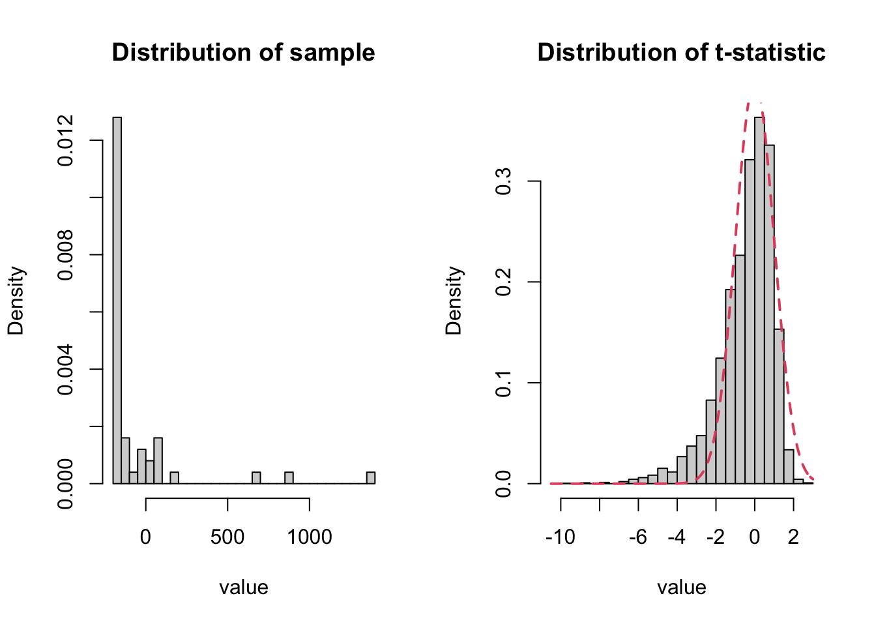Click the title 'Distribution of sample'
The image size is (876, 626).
point(243,52)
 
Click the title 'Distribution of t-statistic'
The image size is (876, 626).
point(682,52)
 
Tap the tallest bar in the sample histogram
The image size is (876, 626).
point(117,300)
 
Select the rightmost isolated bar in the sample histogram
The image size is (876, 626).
point(371,478)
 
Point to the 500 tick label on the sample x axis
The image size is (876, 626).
point(227,537)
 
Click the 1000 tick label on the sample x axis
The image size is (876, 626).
point(310,537)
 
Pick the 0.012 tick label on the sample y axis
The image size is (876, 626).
point(65,140)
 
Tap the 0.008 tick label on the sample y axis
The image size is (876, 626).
point(65,255)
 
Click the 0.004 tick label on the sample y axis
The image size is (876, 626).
point(65,369)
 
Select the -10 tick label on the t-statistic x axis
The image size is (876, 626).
point(561,537)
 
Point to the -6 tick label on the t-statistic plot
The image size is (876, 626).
point(638,537)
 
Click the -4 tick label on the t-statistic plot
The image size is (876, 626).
point(677,537)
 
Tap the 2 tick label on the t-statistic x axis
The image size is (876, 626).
point(793,537)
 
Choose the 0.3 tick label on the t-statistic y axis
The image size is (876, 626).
point(503,181)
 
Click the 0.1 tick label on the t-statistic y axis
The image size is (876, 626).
point(503,383)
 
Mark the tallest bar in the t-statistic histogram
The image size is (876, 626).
point(759,300)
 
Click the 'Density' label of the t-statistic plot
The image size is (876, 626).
point(454,300)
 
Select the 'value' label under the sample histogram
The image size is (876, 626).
point(244,588)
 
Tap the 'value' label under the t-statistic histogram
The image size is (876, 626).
point(682,588)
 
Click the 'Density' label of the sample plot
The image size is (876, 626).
point(16,300)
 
